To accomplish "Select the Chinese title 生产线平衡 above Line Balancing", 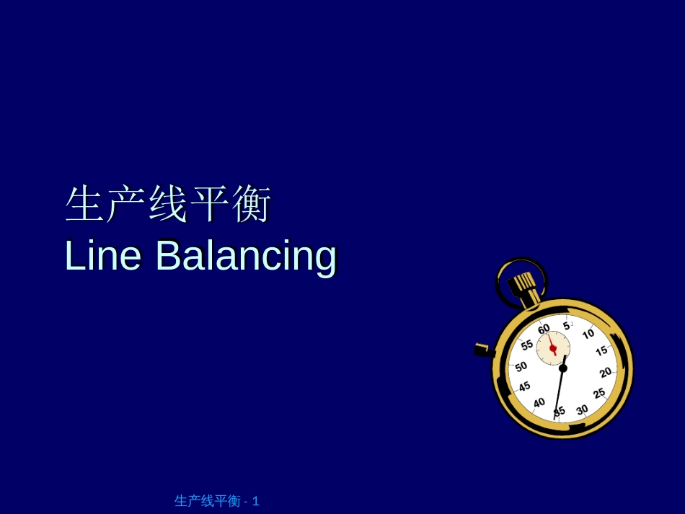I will (x=168, y=205).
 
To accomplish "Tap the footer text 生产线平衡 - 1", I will (x=217, y=501).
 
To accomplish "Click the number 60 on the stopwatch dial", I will (x=544, y=329).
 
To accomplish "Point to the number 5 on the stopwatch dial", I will (x=567, y=326).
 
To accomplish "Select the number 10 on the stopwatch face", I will (x=588, y=334).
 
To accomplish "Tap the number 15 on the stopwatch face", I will (x=601, y=351).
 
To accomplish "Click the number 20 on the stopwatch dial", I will (x=606, y=372).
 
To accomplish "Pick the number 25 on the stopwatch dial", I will (x=599, y=394).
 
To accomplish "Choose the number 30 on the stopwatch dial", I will (x=582, y=409).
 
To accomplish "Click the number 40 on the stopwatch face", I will (x=539, y=402).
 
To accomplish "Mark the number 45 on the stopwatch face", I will (x=524, y=386).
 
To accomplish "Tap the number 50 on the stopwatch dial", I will (x=521, y=366).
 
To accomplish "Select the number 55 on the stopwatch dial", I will (x=527, y=345).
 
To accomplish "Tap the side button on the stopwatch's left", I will (x=482, y=350).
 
